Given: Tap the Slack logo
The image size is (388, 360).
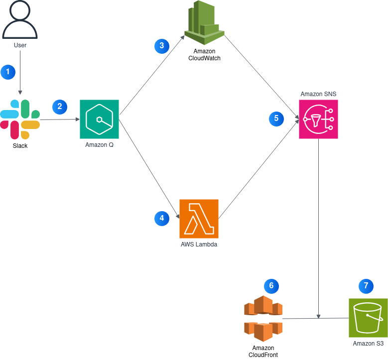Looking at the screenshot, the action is (x=20, y=120).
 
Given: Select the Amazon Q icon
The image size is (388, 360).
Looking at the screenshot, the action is (x=99, y=120).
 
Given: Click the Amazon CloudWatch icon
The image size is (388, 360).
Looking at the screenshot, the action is (x=204, y=22).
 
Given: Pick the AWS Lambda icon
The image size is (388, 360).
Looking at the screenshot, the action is (x=199, y=219).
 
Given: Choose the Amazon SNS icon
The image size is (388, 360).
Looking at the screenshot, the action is (x=318, y=120).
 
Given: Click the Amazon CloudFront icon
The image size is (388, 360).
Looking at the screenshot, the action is (x=263, y=319).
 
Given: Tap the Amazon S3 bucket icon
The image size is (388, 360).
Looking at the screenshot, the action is (x=368, y=318).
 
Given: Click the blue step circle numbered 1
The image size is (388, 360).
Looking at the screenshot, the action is (x=8, y=72).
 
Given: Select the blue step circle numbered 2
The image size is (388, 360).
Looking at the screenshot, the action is (x=60, y=107).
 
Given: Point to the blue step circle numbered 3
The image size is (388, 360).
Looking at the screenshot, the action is (x=162, y=46).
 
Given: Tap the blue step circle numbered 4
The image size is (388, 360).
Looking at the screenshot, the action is (x=162, y=219).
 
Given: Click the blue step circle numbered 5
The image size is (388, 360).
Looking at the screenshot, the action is (x=276, y=119).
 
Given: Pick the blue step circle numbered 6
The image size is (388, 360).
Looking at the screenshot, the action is (x=271, y=286).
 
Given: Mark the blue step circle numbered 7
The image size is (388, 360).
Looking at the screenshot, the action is (x=366, y=286).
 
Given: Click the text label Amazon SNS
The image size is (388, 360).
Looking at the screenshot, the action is (x=318, y=94).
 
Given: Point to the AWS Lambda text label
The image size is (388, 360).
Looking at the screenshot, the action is (x=199, y=244).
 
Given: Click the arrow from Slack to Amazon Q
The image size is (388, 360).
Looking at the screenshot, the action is (x=60, y=120).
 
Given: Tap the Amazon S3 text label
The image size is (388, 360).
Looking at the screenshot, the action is (x=368, y=344).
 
